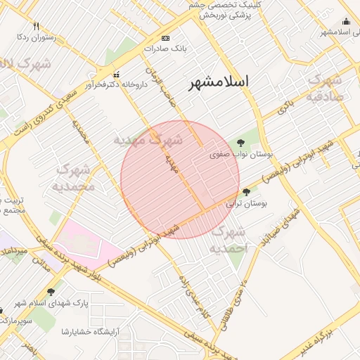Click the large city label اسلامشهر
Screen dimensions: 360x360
click(219, 82)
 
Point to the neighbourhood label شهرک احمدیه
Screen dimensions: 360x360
click(229, 240)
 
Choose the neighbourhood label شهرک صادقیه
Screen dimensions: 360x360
click(325, 88)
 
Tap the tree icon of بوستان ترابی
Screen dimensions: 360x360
click(246, 191)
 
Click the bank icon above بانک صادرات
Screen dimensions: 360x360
click(165, 37)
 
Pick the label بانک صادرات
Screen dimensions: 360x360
click(163, 49)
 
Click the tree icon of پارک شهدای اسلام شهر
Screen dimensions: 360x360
click(50, 291)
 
